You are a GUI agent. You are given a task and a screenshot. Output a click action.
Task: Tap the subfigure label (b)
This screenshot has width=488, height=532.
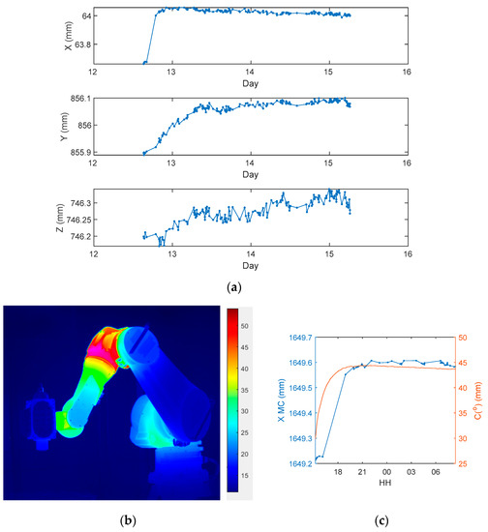coord(126,520)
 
